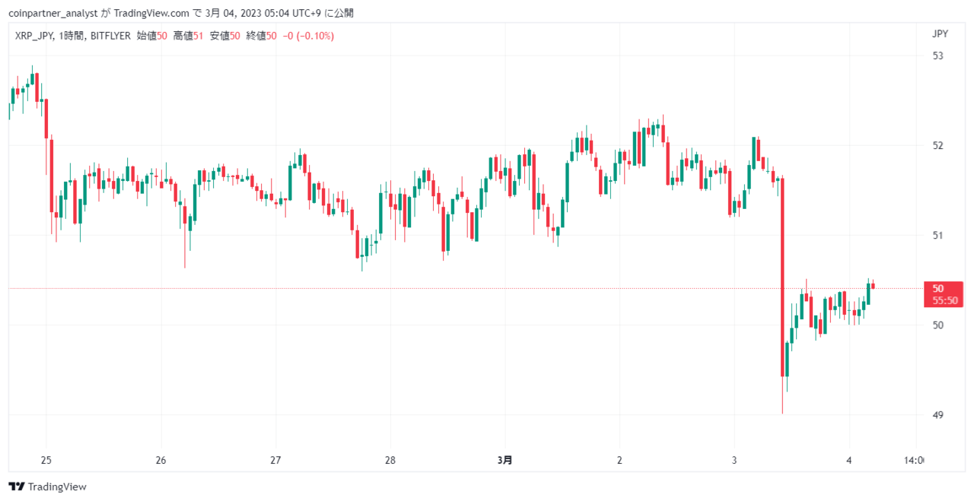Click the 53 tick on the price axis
938,56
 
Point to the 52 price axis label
938,145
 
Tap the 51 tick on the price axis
938,236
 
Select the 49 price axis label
938,415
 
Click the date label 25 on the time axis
46,460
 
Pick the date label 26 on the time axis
161,460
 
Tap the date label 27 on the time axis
275,460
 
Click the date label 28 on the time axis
390,460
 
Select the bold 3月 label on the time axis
505,460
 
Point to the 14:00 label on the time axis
914,460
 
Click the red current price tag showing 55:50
944,295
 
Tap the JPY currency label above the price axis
940,34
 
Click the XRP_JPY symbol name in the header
34,36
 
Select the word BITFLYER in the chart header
110,36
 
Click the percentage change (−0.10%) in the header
315,36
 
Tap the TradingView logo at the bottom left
47,487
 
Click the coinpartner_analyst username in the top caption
53,14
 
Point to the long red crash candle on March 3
783,277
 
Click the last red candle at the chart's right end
873,286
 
